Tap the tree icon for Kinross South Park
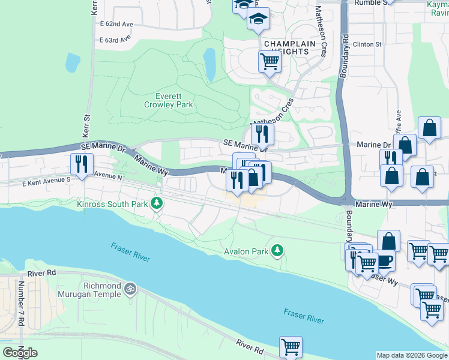click(x=157, y=203)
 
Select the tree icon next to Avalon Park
click(x=277, y=250)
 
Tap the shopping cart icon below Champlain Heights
click(x=270, y=61)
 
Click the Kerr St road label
click(x=85, y=125)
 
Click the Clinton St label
click(x=367, y=44)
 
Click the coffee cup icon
click(x=384, y=260)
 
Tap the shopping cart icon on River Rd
click(x=291, y=346)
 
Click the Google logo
click(x=20, y=352)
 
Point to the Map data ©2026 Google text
click(x=411, y=355)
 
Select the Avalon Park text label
click(x=246, y=252)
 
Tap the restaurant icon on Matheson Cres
click(x=262, y=133)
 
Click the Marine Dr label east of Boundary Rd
click(x=373, y=145)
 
